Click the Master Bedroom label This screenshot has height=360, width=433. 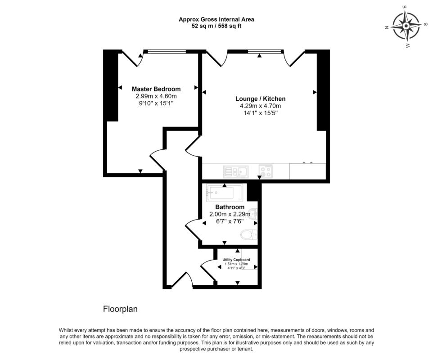tap(156, 89)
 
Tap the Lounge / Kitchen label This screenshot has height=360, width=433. tap(261, 99)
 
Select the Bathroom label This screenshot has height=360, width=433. tap(230, 207)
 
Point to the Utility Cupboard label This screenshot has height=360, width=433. tap(236, 260)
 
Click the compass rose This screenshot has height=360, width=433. tap(406, 26)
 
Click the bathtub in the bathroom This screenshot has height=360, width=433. tap(224, 192)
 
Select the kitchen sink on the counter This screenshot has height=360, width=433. tap(236, 172)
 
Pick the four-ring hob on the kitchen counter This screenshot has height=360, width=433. tap(266, 171)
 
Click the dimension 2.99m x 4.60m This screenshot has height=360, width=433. tap(156, 96)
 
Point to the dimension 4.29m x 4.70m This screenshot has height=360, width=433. tap(261, 106)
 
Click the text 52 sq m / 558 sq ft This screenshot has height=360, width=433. tap(216, 26)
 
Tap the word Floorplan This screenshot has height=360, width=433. tap(120, 309)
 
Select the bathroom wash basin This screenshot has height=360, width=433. tap(253, 213)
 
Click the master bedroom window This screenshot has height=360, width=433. tap(167, 51)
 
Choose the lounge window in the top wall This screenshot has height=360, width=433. tap(266, 51)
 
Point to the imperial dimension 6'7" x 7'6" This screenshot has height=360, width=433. tap(230, 221)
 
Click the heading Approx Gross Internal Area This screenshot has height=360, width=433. tap(216, 19)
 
